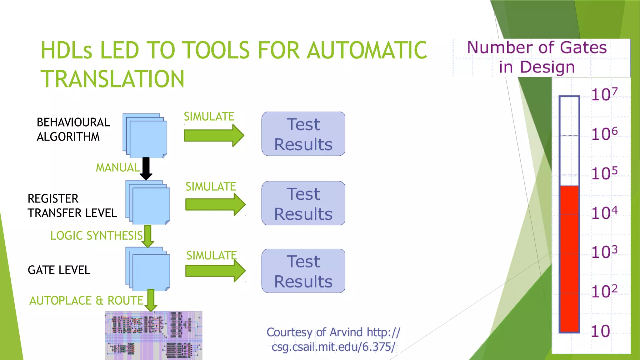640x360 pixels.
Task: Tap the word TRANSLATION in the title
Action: coord(112,79)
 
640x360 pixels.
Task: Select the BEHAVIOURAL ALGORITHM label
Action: coord(73,129)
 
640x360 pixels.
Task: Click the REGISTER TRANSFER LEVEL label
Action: coord(72,206)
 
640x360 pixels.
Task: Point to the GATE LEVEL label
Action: coord(59,270)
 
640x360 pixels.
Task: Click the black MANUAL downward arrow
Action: coord(146,168)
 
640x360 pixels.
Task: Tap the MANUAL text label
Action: coord(117,167)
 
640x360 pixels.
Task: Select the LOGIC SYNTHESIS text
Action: coord(96,236)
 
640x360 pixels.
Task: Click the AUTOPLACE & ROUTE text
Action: coord(86,301)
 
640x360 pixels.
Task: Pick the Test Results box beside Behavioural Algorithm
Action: coord(303,134)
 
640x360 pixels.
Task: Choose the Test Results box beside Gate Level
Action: coord(303,271)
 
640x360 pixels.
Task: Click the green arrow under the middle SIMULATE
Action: coord(215,205)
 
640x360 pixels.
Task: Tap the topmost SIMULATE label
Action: coord(209,117)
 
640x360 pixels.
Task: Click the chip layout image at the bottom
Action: coord(153,335)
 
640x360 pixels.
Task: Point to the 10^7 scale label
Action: coord(604,94)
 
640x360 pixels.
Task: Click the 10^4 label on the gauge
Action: coord(604,213)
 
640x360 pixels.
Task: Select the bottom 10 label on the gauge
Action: coord(600,331)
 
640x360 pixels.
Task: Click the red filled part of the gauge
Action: coord(569,259)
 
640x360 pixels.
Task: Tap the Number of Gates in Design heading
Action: coord(537,57)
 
